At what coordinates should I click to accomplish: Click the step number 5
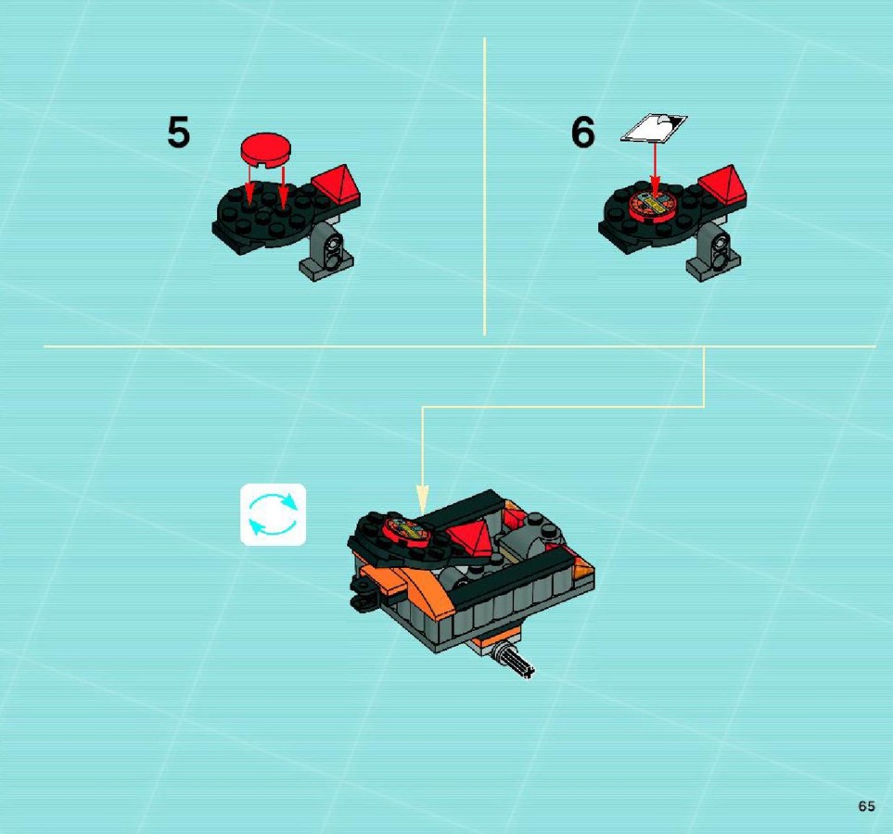(178, 133)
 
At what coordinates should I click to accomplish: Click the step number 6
(582, 133)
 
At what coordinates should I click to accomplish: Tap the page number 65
(867, 806)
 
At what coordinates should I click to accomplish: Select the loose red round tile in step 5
(265, 150)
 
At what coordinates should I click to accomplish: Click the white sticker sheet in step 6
(654, 128)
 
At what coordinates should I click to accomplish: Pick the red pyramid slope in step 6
(722, 185)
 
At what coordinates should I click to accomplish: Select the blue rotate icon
(274, 514)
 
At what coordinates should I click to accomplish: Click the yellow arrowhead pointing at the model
(421, 499)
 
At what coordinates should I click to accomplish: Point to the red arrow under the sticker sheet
(655, 171)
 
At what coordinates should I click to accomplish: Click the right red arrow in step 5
(283, 187)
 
